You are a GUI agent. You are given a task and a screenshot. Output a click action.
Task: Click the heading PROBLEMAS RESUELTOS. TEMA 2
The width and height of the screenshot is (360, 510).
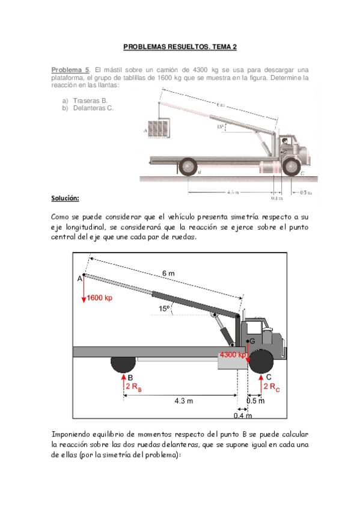click(x=180, y=47)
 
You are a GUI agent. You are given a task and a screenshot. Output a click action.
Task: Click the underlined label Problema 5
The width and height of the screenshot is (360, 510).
click(x=70, y=70)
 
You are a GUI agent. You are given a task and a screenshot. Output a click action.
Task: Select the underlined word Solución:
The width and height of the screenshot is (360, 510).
click(x=65, y=198)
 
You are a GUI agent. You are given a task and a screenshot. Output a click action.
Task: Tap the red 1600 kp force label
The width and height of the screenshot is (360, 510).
click(x=99, y=298)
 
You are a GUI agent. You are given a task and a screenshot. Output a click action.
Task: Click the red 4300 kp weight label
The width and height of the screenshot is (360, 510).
click(x=233, y=354)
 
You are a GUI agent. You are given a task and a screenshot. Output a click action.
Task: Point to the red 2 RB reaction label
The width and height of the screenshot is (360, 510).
click(x=134, y=387)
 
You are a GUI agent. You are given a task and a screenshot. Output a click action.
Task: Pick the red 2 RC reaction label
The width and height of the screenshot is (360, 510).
click(x=272, y=387)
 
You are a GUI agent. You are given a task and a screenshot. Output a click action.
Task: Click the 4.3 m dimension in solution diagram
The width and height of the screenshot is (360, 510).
click(x=184, y=401)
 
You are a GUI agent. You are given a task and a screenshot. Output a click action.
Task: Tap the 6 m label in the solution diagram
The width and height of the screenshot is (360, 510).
click(x=168, y=274)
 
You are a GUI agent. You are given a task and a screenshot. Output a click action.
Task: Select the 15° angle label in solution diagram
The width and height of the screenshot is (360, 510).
click(x=164, y=309)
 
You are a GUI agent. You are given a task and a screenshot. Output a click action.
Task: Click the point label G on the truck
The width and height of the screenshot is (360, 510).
click(x=252, y=341)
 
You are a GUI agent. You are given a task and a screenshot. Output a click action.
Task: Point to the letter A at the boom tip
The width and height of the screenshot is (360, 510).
click(x=79, y=278)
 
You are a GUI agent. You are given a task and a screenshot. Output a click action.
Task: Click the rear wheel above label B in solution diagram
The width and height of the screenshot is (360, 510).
click(x=123, y=364)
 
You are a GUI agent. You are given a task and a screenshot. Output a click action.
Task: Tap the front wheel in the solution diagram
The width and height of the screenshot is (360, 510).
click(x=261, y=361)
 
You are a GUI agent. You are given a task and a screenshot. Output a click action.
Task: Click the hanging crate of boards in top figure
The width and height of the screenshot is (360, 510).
click(x=159, y=129)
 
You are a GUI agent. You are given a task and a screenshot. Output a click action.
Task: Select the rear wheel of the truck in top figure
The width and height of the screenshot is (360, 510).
click(x=188, y=166)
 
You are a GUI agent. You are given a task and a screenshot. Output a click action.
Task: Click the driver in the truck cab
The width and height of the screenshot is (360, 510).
click(x=285, y=142)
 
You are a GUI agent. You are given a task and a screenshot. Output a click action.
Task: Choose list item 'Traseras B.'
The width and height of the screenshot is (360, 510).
click(x=90, y=101)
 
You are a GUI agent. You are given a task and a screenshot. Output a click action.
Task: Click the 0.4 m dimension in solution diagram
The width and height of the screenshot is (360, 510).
click(x=243, y=416)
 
